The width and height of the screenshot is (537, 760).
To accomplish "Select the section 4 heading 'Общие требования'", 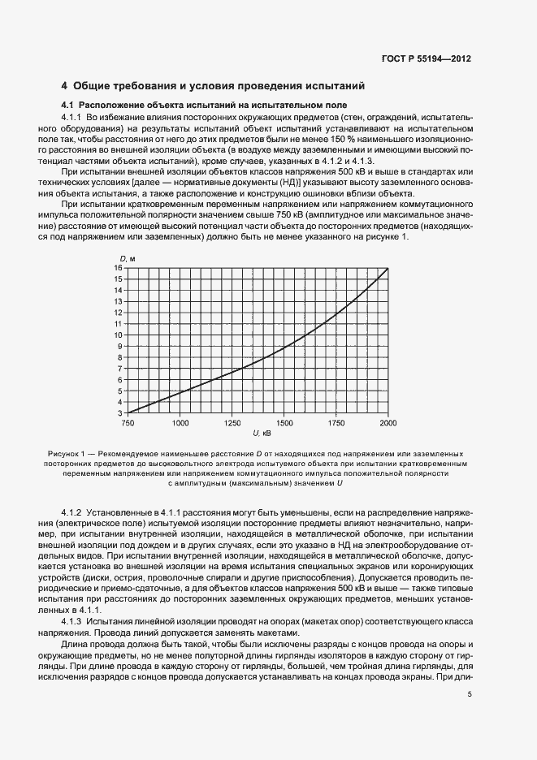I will (214, 86).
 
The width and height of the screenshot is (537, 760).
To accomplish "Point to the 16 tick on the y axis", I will (118, 267).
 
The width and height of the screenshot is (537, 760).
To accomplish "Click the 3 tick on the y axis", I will (119, 412).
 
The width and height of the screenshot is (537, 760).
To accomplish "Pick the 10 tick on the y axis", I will (118, 335).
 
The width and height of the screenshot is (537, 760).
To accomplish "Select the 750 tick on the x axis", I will (128, 423).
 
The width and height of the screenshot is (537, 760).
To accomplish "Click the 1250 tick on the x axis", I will (232, 423).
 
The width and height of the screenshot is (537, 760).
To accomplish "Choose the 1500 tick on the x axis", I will (284, 423).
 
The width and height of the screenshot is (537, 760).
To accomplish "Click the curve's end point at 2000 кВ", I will (388, 268).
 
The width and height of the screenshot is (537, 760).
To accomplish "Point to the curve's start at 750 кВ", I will (128, 412).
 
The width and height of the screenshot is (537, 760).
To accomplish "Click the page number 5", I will (470, 693).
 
